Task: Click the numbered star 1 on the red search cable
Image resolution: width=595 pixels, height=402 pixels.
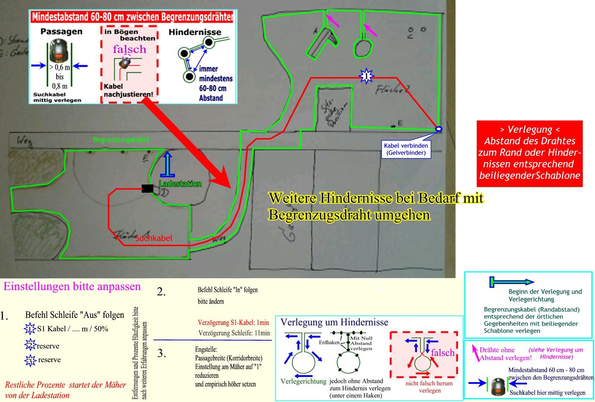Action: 366,76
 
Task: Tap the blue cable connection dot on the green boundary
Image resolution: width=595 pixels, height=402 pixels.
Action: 439,129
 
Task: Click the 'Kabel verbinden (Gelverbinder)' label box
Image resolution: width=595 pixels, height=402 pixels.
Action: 406,149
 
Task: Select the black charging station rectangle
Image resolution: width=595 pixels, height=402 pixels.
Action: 147,189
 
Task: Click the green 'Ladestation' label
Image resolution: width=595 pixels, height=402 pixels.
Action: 180,184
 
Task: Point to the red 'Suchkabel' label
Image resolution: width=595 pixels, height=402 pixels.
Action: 154,238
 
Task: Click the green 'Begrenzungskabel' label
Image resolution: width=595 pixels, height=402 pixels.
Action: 121,139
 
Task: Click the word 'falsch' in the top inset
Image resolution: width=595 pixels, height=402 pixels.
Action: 129,49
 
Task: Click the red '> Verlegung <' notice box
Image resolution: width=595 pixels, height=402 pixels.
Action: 530,153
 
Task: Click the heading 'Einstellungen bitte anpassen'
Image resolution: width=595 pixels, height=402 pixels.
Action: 72,286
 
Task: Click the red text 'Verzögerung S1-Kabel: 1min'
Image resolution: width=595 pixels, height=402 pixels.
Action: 233,322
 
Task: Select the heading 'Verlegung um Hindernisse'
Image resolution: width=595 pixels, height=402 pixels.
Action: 334,322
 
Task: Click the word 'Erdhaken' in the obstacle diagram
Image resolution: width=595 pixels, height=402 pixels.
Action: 329,342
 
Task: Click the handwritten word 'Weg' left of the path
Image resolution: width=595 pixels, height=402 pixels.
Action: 25,141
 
